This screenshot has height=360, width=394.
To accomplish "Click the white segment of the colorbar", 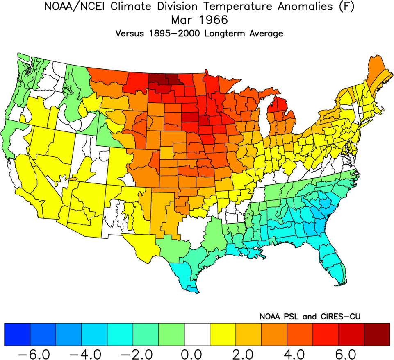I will pyautogui.click(x=197, y=334).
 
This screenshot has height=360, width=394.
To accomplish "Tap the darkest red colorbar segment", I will pyautogui.click(x=377, y=334).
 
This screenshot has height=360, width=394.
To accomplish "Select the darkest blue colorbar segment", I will pyautogui.click(x=17, y=334).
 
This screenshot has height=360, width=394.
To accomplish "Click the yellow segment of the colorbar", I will pyautogui.click(x=223, y=334).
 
